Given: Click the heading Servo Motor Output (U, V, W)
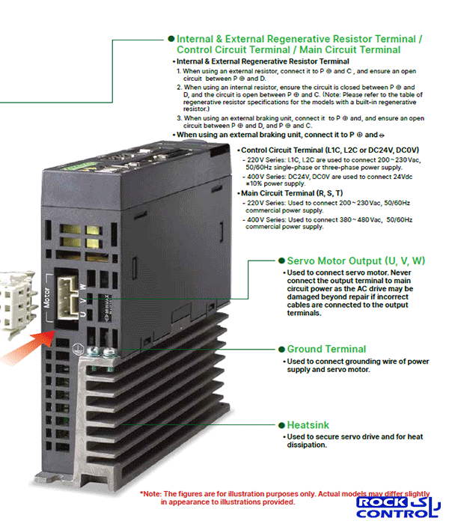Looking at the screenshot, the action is tap(355, 261).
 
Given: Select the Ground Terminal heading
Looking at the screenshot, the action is tap(326, 349).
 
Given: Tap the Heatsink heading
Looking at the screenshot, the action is tap(308, 424).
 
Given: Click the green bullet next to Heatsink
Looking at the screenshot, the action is tap(281, 425).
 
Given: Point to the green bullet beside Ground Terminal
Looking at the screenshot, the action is tap(281, 350).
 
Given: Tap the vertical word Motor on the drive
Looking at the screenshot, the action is tap(47, 297).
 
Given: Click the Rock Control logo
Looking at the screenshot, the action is tap(398, 508).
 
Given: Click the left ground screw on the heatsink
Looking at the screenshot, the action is tap(94, 352).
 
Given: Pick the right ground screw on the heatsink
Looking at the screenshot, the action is tap(109, 352).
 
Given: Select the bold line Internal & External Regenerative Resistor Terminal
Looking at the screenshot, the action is tap(263, 61).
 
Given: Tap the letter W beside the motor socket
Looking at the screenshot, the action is tap(83, 287).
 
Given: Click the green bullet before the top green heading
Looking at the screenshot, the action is tap(171, 39).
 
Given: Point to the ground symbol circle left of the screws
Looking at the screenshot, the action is tap(78, 349).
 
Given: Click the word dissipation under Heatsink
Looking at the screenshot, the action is tap(306, 445).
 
